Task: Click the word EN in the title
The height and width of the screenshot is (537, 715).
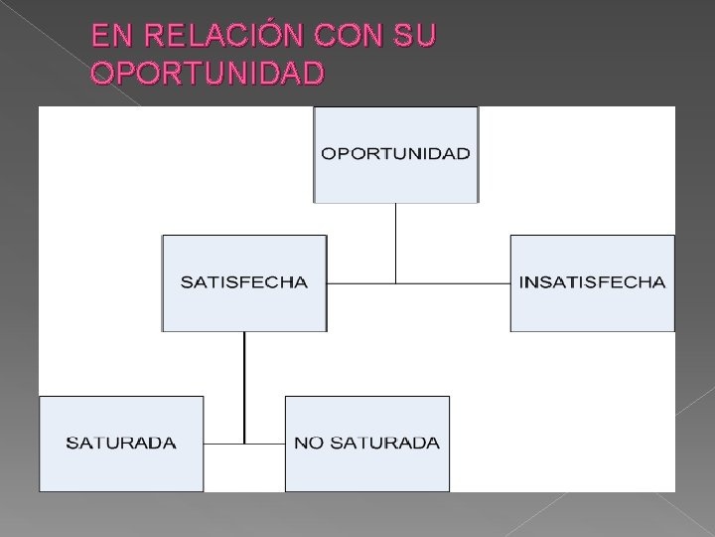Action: (108, 38)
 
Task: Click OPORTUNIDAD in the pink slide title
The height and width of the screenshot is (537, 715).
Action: (207, 74)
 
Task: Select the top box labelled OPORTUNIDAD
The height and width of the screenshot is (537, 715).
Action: (395, 154)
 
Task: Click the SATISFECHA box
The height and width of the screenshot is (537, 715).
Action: (243, 282)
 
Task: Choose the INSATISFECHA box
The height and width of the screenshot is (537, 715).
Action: (592, 282)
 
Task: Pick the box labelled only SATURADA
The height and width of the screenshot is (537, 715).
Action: (121, 443)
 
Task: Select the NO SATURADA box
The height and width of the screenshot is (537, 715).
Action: (366, 443)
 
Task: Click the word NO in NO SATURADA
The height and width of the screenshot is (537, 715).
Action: (309, 443)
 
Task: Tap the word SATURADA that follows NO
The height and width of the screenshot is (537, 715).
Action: (382, 443)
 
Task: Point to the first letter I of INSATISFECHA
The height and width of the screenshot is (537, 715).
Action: (521, 282)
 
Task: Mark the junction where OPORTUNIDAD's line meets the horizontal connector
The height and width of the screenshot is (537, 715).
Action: (395, 283)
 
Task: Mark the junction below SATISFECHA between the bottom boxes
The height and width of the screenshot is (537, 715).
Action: (244, 443)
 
